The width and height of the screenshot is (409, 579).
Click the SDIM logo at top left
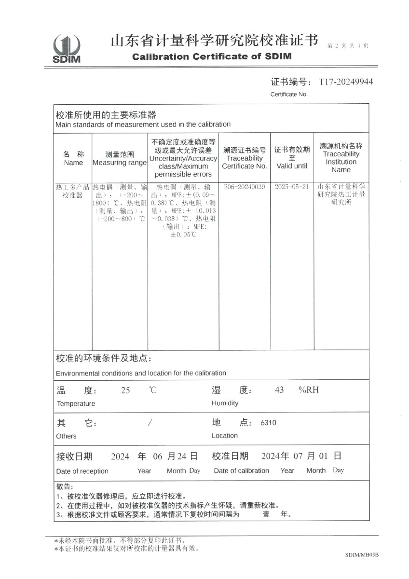[x=67, y=48]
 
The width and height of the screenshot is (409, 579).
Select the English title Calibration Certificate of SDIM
[x=212, y=56]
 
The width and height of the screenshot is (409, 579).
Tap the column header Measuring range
[x=119, y=163]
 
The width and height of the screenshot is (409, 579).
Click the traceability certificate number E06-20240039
[x=245, y=187]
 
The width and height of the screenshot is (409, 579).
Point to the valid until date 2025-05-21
[x=291, y=187]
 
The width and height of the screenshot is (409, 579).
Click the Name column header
[x=73, y=163]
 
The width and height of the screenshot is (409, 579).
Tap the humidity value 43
[x=279, y=390]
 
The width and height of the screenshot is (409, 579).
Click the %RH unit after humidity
[x=309, y=390]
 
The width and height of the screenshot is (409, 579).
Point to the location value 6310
[x=268, y=423]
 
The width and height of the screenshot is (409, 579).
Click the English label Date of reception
[x=82, y=471]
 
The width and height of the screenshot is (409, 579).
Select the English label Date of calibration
[x=241, y=470]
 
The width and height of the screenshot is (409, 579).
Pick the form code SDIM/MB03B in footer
[x=362, y=555]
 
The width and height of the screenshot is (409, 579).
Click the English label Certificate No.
[x=288, y=94]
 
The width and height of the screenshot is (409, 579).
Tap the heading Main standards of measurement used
[x=143, y=124]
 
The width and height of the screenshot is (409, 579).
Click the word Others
[x=66, y=436]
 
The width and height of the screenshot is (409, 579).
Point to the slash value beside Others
[x=150, y=423]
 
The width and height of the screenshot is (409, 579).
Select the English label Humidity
[x=225, y=403]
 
